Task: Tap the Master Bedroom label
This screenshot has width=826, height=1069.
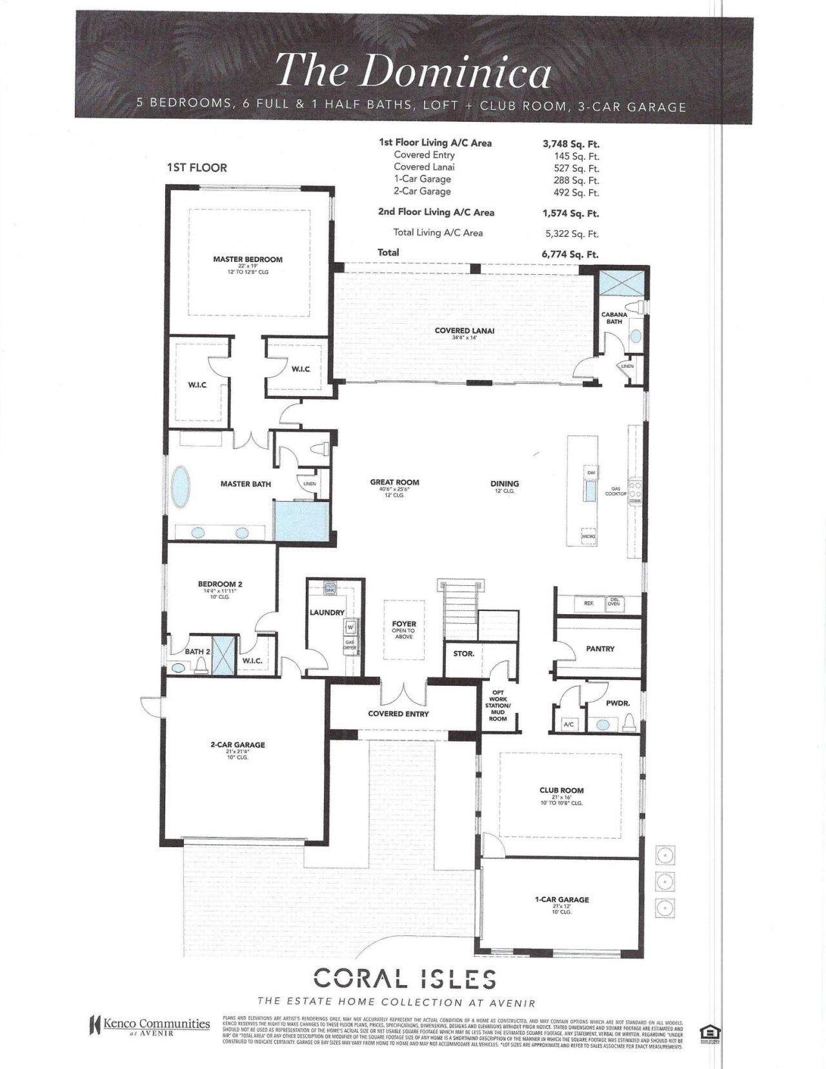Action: click(x=248, y=259)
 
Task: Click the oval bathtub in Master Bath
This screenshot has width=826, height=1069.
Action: click(x=181, y=488)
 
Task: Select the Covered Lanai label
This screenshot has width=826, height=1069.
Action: click(x=464, y=330)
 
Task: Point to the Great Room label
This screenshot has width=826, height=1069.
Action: click(x=394, y=482)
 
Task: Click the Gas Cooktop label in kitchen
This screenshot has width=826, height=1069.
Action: click(x=616, y=491)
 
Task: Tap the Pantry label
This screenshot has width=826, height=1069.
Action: click(x=600, y=648)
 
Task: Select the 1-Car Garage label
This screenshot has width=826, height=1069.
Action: click(x=561, y=899)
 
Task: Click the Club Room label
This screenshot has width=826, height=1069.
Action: click(x=561, y=790)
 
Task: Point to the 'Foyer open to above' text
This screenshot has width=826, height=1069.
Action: click(x=404, y=630)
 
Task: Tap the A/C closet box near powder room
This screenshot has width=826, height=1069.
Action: click(x=569, y=724)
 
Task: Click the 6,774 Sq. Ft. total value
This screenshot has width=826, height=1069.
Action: click(x=570, y=254)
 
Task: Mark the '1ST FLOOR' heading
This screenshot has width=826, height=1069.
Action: click(x=197, y=168)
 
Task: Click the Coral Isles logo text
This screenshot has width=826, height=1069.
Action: click(x=405, y=979)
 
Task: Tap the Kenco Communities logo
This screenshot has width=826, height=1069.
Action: click(x=150, y=1024)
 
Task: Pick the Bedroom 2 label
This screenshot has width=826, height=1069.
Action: click(x=220, y=584)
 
